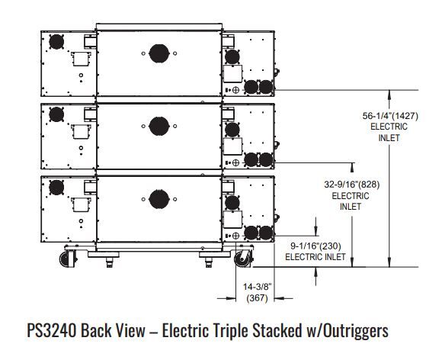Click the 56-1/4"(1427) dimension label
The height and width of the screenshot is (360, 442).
390,116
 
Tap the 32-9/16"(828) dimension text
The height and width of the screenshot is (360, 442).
351,185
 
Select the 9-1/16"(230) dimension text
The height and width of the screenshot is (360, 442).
315,246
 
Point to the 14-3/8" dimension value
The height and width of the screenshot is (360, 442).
257,287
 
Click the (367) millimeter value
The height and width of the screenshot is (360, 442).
257,298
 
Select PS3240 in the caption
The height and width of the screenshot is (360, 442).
52,330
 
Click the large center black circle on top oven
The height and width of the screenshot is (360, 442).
159,53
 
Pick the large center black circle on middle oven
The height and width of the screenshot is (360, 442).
159,126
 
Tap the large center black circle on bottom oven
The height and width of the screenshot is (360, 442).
159,199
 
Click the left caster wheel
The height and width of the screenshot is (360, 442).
68,259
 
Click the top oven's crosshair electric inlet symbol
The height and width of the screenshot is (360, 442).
236,90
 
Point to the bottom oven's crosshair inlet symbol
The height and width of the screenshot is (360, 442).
236,236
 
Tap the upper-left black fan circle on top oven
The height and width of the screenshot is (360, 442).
56,42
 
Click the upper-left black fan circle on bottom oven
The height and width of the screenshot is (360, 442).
56,188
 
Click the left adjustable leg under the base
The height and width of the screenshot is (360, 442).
109,262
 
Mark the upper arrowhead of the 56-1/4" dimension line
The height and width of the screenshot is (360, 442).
389,94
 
